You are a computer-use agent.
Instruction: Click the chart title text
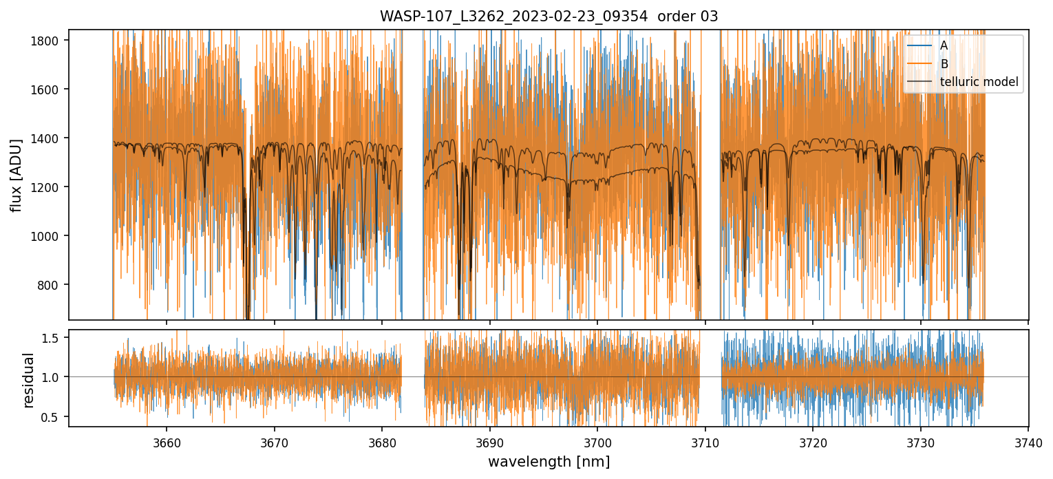click(549, 17)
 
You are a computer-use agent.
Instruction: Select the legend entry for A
click(944, 45)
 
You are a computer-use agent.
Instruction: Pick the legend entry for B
click(944, 64)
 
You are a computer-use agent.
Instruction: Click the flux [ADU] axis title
click(17, 175)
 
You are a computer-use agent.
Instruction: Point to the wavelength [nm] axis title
click(549, 462)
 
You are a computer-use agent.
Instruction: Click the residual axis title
click(28, 380)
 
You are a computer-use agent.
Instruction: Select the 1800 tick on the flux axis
click(48, 41)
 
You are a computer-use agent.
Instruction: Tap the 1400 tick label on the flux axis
click(48, 138)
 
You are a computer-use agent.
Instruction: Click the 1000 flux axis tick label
click(48, 236)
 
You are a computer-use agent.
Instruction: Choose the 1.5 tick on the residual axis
click(54, 338)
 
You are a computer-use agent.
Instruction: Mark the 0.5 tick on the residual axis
click(54, 416)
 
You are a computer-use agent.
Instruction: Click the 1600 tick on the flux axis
click(48, 89)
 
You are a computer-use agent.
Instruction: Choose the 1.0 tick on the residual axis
click(54, 377)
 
